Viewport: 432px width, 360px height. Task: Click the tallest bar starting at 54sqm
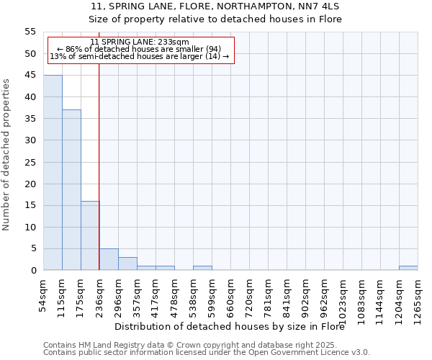[53, 173]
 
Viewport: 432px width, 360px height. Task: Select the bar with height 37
[71, 190]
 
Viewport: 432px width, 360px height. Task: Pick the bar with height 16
[90, 235]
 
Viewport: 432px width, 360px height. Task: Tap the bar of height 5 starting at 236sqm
[109, 259]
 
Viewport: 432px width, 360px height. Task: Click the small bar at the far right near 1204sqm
[408, 268]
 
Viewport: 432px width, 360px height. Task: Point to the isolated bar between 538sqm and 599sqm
[202, 268]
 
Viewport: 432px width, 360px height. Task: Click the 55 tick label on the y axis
[30, 32]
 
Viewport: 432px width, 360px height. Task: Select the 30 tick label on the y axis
[30, 140]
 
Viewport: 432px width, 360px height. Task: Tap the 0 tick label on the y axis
[32, 271]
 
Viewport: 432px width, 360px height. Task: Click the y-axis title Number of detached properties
[7, 155]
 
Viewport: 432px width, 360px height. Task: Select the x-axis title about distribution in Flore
[230, 326]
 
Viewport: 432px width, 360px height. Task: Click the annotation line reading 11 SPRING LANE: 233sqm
[140, 42]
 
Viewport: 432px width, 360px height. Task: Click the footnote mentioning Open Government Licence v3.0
[207, 352]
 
